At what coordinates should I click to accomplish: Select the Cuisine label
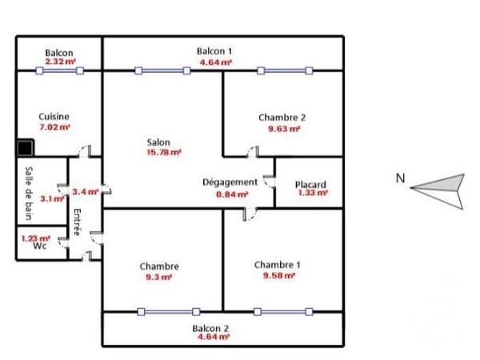point(54,116)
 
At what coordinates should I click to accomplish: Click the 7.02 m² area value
point(54,126)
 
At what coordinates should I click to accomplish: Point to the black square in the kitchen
point(26,148)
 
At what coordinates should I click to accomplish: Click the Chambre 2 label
point(282,117)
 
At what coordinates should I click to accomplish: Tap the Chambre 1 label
point(278,265)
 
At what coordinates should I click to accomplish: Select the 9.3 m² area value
point(158,277)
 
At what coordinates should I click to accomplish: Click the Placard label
point(310,184)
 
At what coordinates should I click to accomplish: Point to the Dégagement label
point(230,182)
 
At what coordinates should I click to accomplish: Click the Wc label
point(40,246)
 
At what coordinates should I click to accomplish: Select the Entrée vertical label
point(78,221)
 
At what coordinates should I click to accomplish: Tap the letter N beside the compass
point(400,179)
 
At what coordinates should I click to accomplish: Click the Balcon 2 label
point(211,329)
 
